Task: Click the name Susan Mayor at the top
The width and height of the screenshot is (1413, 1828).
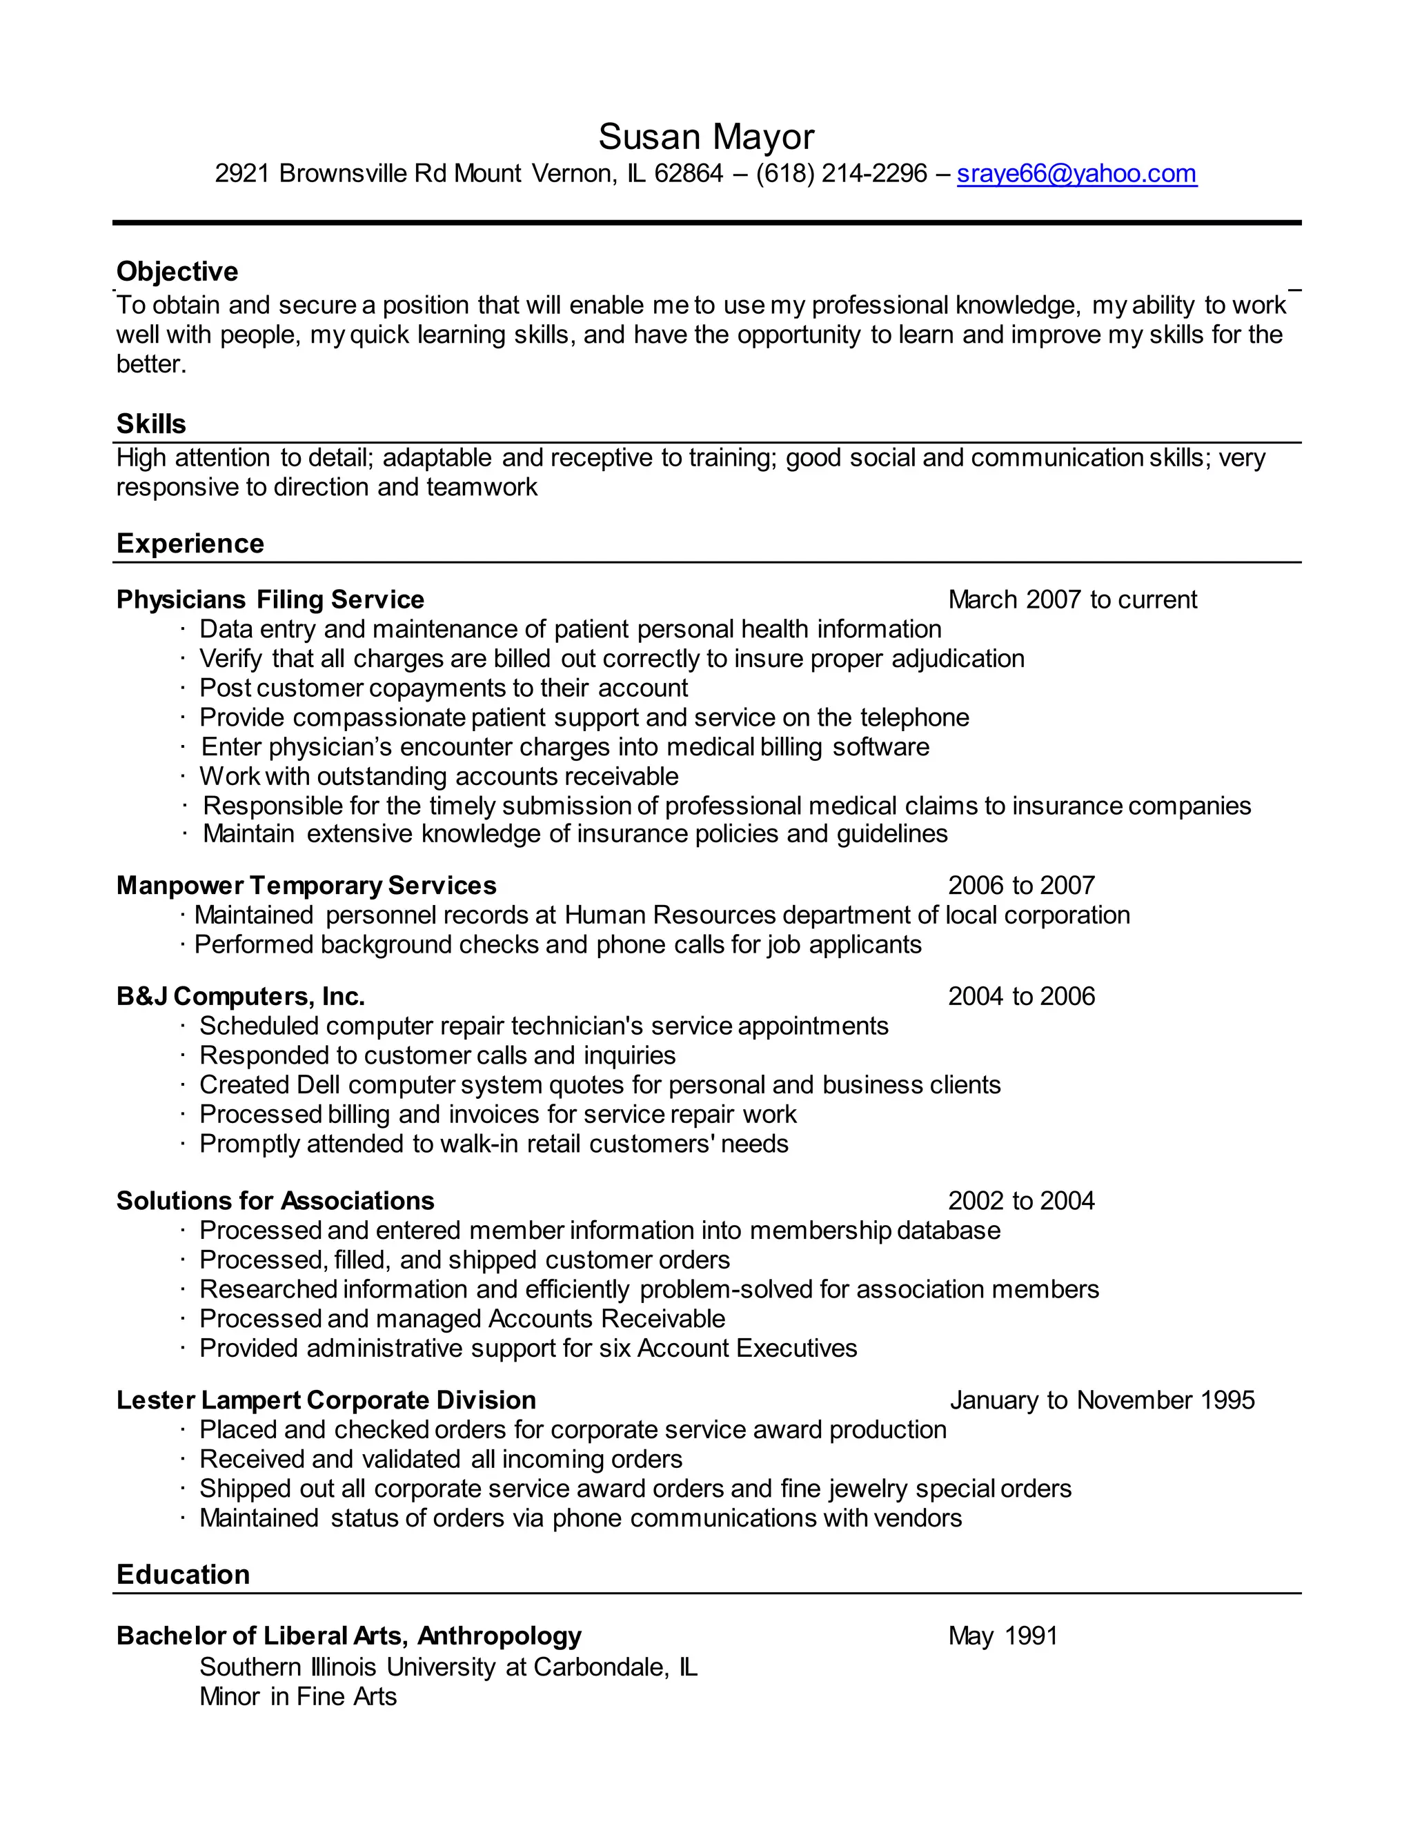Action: tap(706, 137)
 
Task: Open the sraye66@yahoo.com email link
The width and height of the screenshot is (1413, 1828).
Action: tap(1076, 173)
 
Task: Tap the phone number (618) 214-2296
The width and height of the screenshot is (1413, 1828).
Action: tap(841, 173)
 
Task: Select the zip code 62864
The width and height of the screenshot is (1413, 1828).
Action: tap(688, 173)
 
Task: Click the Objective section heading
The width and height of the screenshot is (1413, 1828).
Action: tap(177, 271)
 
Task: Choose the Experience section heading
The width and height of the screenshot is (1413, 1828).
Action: tap(190, 543)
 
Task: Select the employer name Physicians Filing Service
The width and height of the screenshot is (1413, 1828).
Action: tap(270, 599)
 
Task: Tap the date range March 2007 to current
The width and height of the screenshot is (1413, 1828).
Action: tap(1072, 599)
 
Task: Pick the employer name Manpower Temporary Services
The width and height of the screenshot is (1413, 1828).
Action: tap(306, 885)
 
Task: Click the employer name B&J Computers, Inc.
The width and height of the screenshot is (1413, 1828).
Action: tap(240, 996)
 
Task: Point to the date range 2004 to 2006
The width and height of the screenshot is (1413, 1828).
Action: tap(1021, 996)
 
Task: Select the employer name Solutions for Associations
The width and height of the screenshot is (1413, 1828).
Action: tap(275, 1200)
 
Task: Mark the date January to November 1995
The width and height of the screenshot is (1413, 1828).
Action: tap(1102, 1400)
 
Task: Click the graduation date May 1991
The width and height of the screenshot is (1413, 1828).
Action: tap(1002, 1636)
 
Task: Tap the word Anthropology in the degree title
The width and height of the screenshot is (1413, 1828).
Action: tap(499, 1636)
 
